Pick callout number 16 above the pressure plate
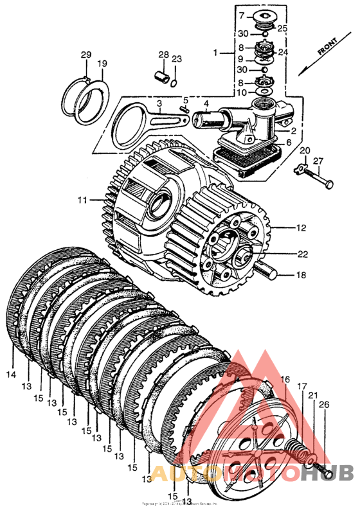pyautogui.click(x=285, y=380)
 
